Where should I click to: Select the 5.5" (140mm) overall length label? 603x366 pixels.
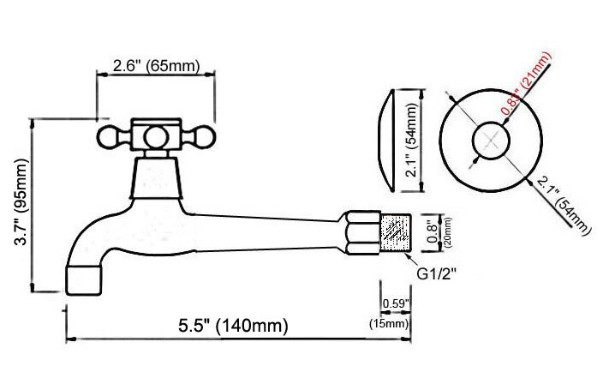coord(233,326)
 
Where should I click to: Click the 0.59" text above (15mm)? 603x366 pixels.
coord(394,303)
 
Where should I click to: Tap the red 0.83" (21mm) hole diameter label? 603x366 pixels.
coord(528,85)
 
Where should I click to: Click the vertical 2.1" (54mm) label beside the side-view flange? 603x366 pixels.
coord(413,141)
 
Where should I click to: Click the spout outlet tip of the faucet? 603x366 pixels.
coord(86,279)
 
